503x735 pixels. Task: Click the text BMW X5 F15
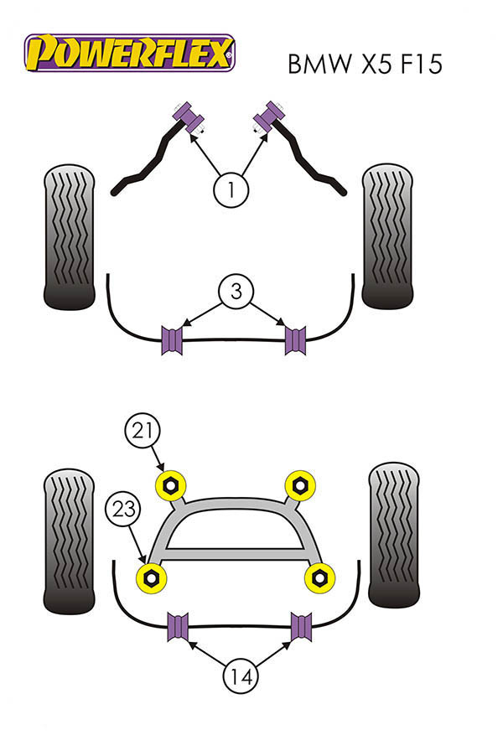[x=364, y=65]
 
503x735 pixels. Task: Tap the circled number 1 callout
[x=231, y=189]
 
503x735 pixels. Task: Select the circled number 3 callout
[x=236, y=292]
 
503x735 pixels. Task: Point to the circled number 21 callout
[x=142, y=432]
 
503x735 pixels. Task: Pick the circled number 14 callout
[x=241, y=673]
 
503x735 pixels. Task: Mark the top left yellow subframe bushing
[x=172, y=484]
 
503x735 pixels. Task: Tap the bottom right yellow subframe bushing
[x=319, y=576]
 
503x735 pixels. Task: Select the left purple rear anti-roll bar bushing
[x=179, y=628]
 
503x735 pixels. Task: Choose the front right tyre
[x=388, y=235]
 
